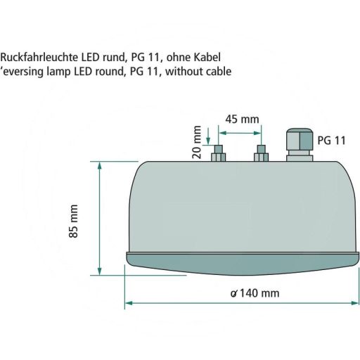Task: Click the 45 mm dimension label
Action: tap(240, 119)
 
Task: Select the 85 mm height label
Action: tap(74, 220)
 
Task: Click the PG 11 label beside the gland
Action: tap(332, 141)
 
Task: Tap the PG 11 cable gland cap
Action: tap(297, 136)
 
